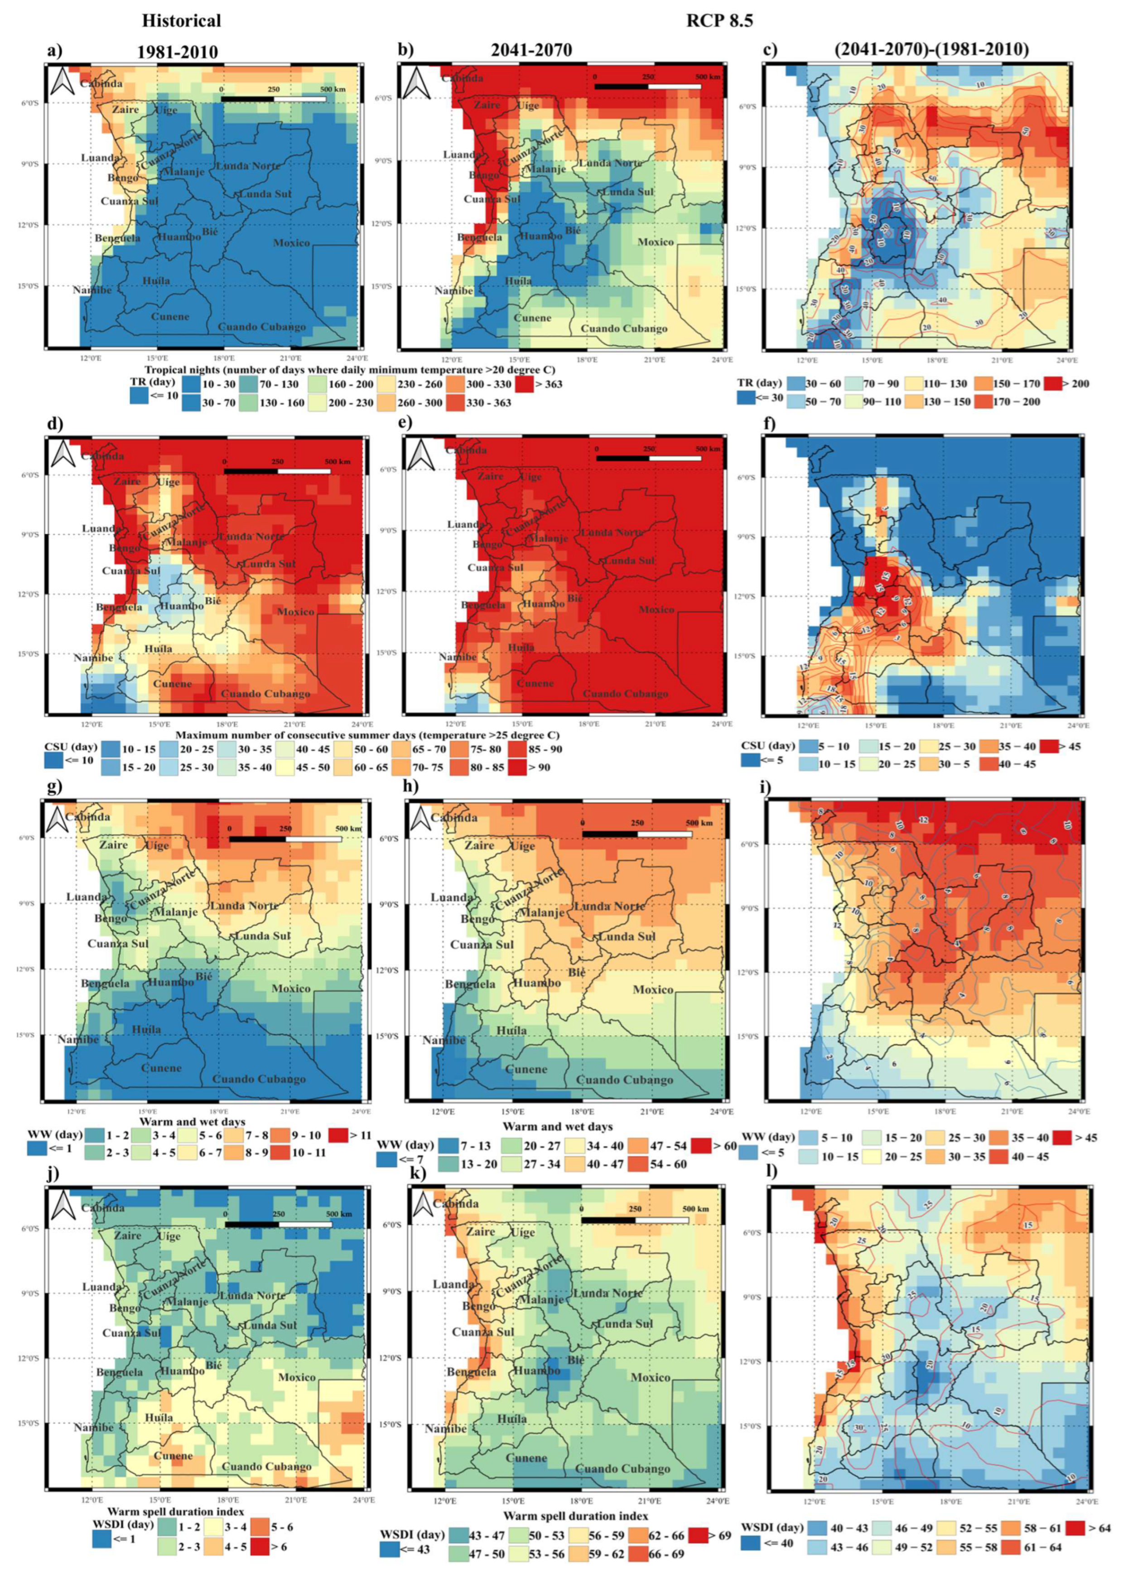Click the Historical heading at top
coord(181,21)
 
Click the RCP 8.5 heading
coord(719,21)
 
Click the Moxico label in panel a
coord(291,243)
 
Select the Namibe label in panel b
coord(453,291)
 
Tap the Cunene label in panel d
coord(172,684)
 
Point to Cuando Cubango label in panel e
coord(625,694)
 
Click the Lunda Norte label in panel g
coord(245,906)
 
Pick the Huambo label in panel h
coord(537,983)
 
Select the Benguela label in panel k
coord(471,1372)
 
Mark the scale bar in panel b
coord(648,87)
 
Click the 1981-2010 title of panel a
coord(178,51)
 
